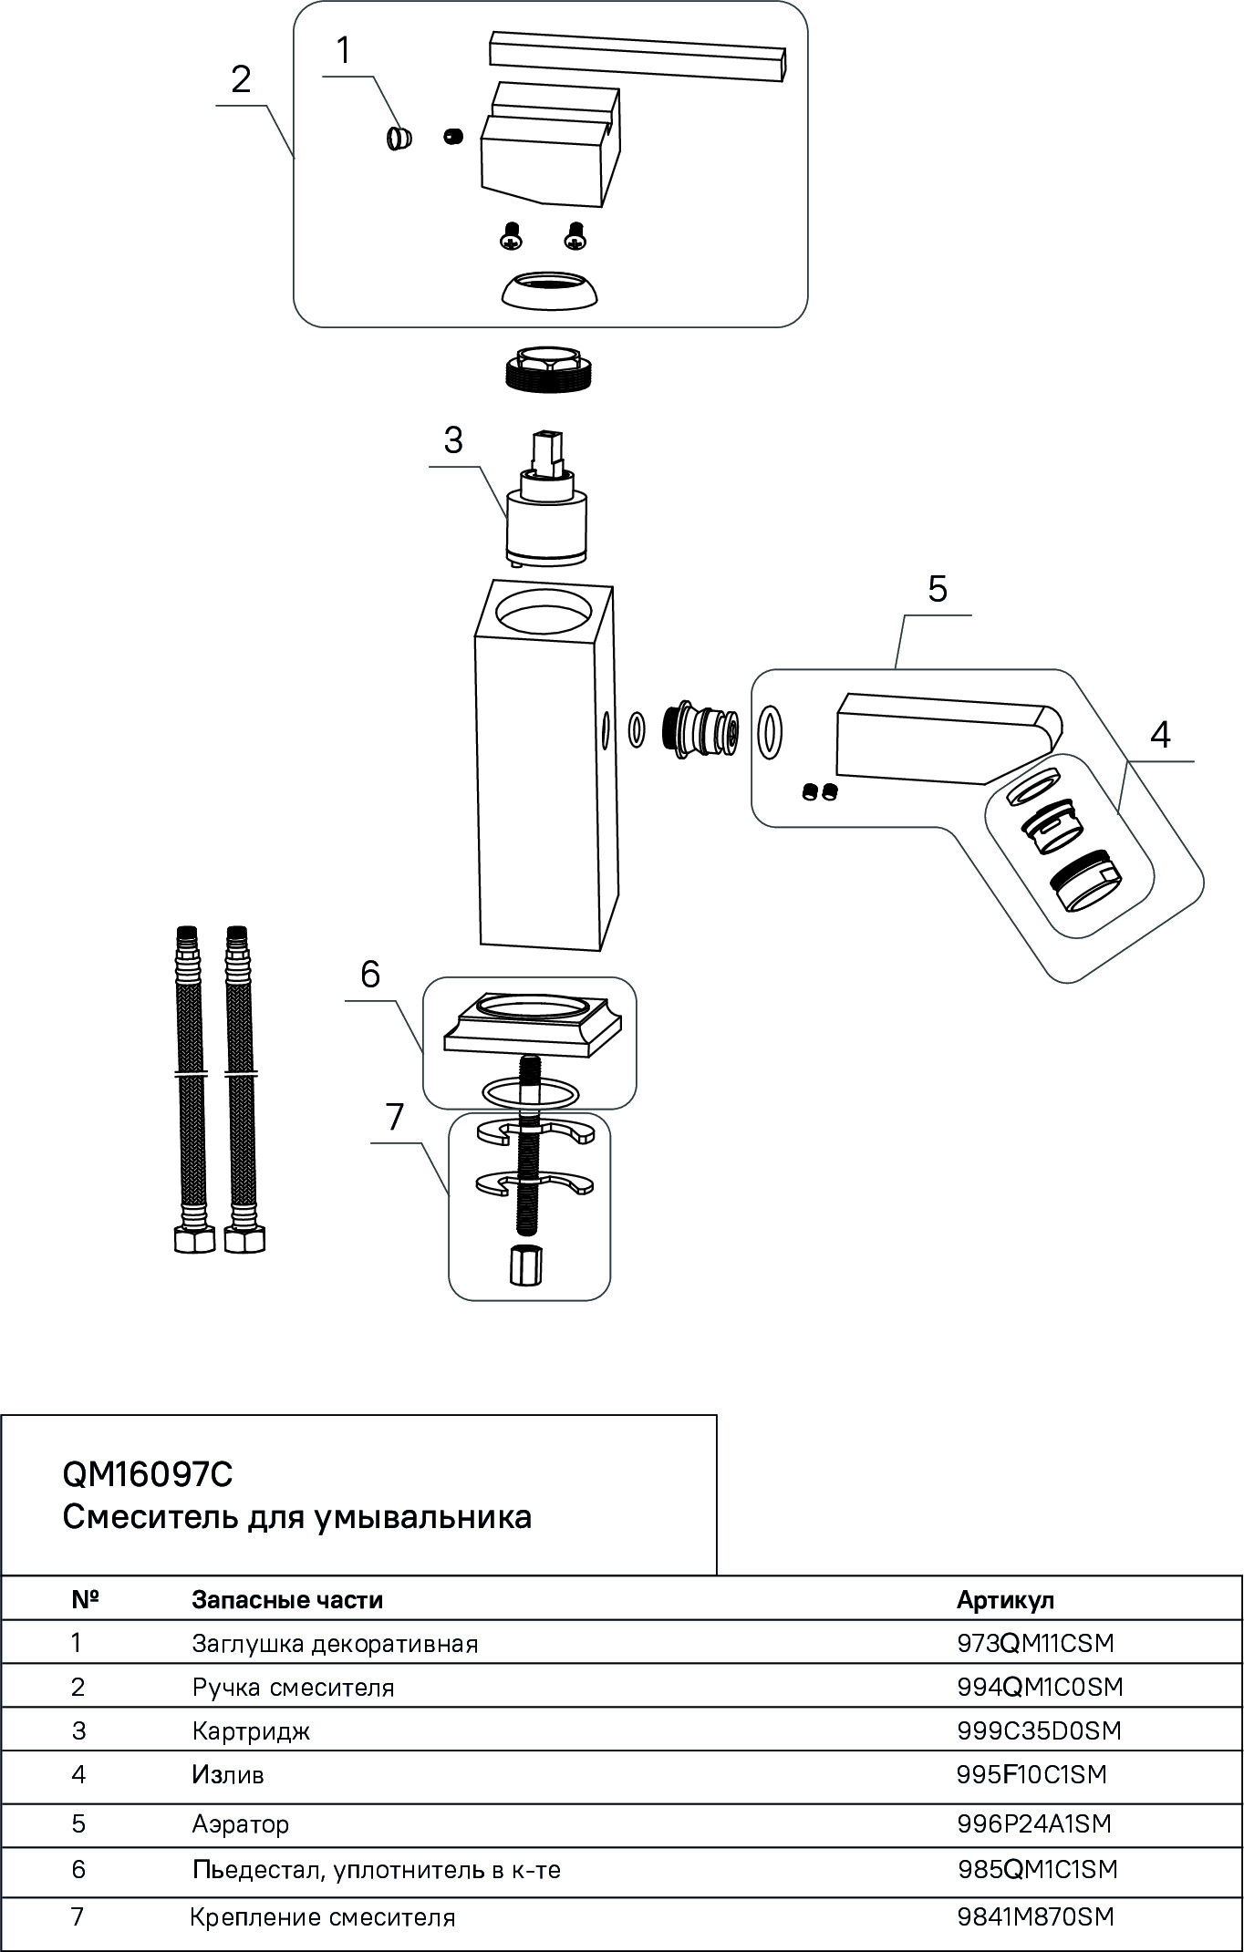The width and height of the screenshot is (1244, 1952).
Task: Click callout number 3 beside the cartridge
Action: click(453, 440)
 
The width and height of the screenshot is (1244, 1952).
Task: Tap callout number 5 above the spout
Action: click(938, 589)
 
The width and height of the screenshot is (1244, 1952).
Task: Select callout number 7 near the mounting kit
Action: click(395, 1117)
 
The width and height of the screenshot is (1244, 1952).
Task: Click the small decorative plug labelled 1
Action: click(398, 139)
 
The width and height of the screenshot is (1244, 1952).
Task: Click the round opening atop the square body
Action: click(544, 613)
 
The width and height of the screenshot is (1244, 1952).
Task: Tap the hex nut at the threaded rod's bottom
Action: click(524, 1265)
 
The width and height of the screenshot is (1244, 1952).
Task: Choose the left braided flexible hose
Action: click(188, 1085)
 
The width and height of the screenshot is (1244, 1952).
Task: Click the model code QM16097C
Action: click(148, 1473)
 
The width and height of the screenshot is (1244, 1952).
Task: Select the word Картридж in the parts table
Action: click(251, 1730)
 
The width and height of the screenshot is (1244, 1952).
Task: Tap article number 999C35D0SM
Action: click(1039, 1730)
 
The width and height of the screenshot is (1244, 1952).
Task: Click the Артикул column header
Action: click(1005, 1599)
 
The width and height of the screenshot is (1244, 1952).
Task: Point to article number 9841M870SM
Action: click(1035, 1916)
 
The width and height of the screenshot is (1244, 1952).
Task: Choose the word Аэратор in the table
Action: click(240, 1823)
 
